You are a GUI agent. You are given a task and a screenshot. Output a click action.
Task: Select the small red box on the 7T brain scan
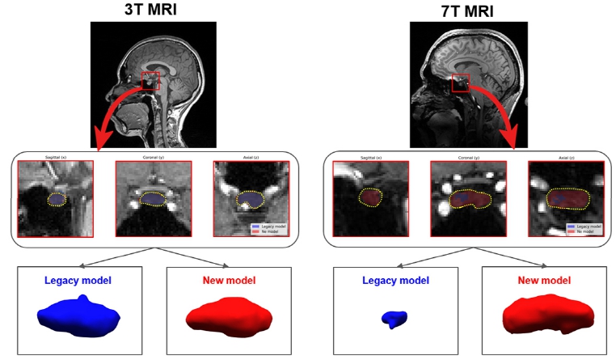[x=461, y=82]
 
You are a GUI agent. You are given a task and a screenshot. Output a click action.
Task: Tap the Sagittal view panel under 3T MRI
[x=56, y=198]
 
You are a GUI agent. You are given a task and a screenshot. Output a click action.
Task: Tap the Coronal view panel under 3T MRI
[x=153, y=198]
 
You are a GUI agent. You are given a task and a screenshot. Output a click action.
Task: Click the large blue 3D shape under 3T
[x=78, y=316]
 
